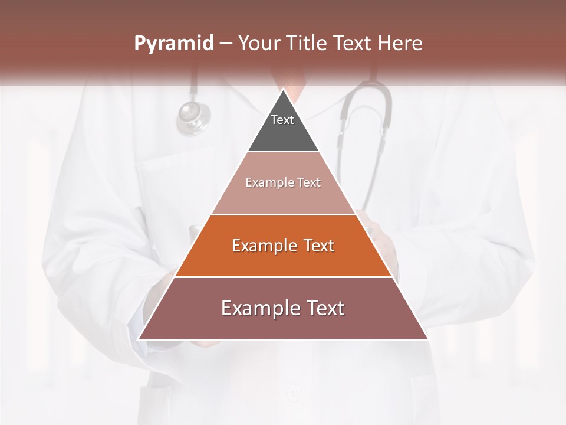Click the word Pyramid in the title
[173, 44]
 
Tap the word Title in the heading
[307, 44]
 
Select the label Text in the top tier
[282, 120]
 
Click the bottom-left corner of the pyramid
[140, 339]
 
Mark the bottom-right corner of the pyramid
[427, 339]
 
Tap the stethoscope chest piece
[193, 117]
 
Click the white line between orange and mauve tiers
[283, 277]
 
